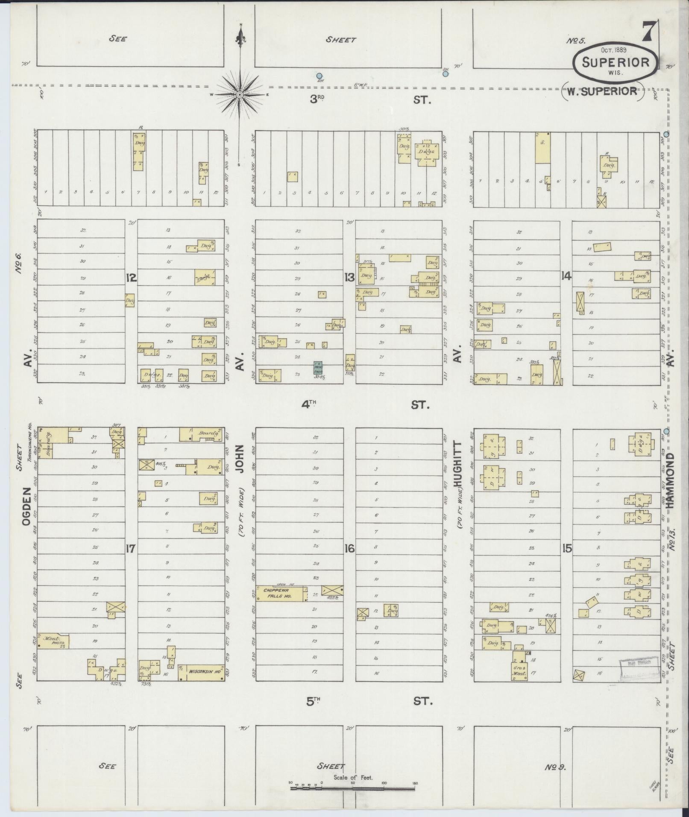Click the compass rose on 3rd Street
pyautogui.click(x=240, y=94)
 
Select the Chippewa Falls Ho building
pyautogui.click(x=281, y=593)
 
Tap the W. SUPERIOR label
pyautogui.click(x=602, y=91)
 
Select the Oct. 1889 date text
pyautogui.click(x=615, y=50)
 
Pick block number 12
pyautogui.click(x=131, y=278)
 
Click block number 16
pyautogui.click(x=349, y=549)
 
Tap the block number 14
pyautogui.click(x=566, y=276)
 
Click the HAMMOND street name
pyautogui.click(x=669, y=480)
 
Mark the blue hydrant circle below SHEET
pyautogui.click(x=319, y=74)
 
